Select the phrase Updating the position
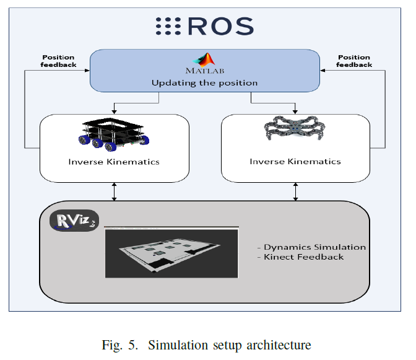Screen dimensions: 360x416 204,82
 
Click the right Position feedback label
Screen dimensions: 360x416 355,60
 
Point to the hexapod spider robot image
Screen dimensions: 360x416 295,130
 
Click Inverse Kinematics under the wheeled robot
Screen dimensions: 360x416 114,162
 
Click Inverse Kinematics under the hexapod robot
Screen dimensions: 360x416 295,162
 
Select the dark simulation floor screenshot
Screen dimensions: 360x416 171,252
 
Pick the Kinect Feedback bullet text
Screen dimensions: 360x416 303,257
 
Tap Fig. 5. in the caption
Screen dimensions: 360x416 117,345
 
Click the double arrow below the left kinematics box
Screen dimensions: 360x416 115,191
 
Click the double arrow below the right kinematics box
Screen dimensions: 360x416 295,191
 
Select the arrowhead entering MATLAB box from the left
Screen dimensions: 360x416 87,71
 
